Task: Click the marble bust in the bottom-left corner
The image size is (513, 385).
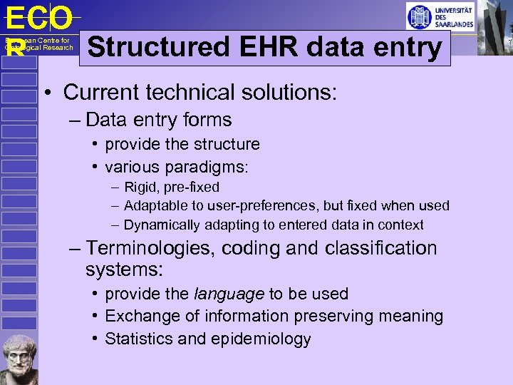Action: [x=19, y=359]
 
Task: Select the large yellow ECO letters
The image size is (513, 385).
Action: [x=38, y=18]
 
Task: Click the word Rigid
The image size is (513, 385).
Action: [x=141, y=188]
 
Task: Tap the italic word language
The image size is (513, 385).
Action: [x=229, y=294]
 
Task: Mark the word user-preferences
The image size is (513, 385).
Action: [x=264, y=206]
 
